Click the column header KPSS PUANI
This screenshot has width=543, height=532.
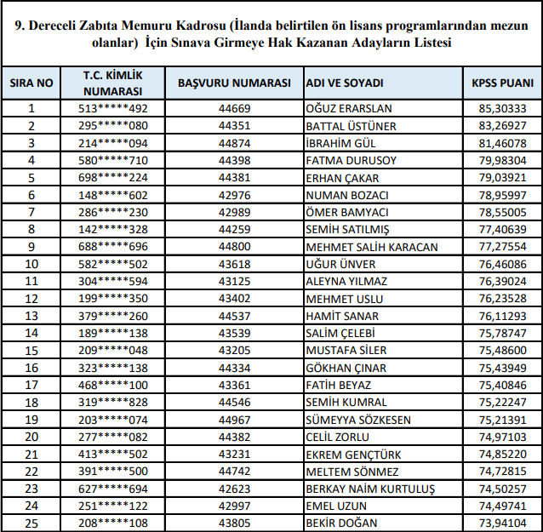(x=503, y=83)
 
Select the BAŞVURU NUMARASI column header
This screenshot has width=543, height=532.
(x=235, y=83)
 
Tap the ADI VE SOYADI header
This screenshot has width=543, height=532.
(x=345, y=83)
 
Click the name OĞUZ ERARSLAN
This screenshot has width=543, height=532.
(x=348, y=109)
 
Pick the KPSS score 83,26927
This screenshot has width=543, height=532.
(x=503, y=126)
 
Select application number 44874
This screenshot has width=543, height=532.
(x=235, y=143)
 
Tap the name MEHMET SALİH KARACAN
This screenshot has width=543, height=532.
(x=371, y=247)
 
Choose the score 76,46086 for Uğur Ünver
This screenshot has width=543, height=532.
(x=503, y=264)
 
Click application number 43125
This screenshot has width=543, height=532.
(x=235, y=281)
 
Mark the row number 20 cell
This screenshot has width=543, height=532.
(x=31, y=437)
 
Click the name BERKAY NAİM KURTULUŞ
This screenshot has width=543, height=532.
(x=370, y=489)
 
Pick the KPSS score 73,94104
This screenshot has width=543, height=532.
(x=503, y=523)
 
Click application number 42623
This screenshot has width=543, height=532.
(x=235, y=489)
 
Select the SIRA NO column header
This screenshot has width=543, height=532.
(x=31, y=83)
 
